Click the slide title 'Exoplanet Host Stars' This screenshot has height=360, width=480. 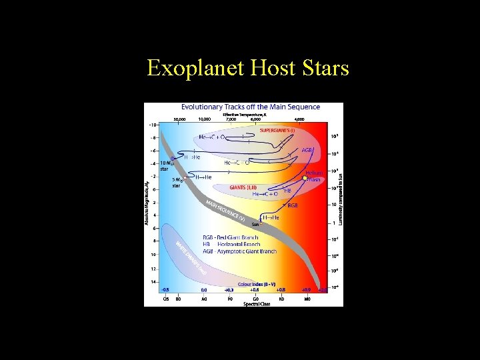pos(247,68)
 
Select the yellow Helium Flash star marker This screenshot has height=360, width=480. pos(306,178)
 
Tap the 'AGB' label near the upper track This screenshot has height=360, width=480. pos(307,150)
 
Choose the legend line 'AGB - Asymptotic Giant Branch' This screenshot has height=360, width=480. pos(239,251)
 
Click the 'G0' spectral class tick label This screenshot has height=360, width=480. pos(255,299)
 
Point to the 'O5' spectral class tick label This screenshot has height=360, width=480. pos(166,299)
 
